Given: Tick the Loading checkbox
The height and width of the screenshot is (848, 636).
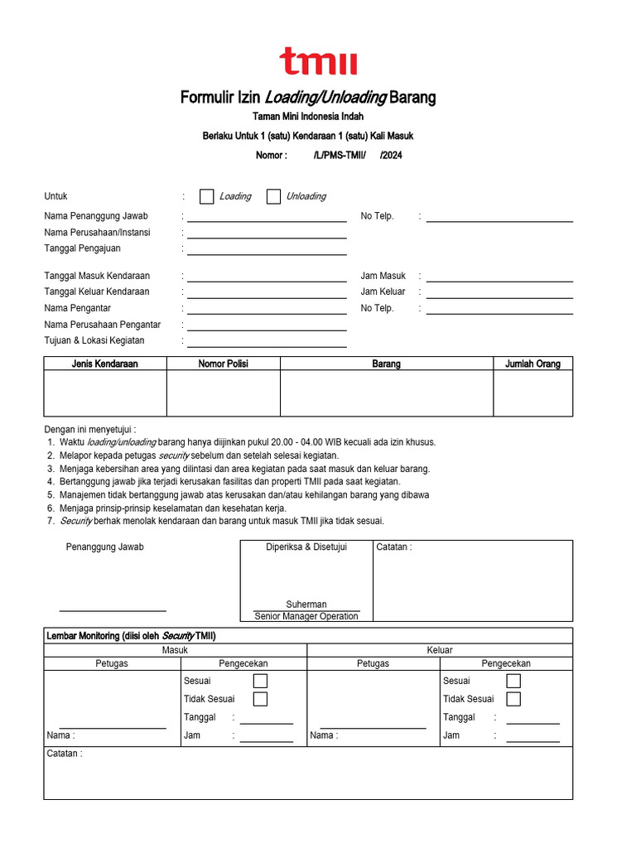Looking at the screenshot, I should point(207,196).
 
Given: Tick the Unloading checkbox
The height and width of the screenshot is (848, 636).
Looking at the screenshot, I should point(273,196).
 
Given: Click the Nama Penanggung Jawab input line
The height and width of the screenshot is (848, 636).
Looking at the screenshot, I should point(267,217).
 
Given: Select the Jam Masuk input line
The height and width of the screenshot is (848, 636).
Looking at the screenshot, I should point(499,277).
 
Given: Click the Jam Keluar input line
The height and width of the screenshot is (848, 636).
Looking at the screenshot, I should point(499,293).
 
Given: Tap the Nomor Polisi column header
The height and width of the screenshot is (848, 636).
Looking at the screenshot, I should point(223,364).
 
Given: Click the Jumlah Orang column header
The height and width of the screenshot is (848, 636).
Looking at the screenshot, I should point(532,364).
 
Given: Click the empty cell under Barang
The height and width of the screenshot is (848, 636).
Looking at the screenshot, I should point(387,393).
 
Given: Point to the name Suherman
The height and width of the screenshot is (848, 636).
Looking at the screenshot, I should point(306,605).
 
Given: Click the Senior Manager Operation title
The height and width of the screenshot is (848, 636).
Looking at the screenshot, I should point(306,616).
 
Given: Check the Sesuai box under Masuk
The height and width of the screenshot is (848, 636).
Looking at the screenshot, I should point(260,681).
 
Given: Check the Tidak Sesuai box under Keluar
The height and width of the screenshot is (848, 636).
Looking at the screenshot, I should point(513,699).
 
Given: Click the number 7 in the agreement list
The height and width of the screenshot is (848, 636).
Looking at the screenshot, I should point(51,521).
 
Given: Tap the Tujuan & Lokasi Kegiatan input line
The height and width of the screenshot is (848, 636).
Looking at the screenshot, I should point(267,343).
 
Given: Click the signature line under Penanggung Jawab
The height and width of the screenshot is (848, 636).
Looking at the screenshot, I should point(113,610).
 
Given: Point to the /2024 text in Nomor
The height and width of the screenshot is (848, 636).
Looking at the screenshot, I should point(391,155).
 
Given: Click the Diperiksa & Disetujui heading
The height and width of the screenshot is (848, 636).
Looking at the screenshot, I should point(306,547).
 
